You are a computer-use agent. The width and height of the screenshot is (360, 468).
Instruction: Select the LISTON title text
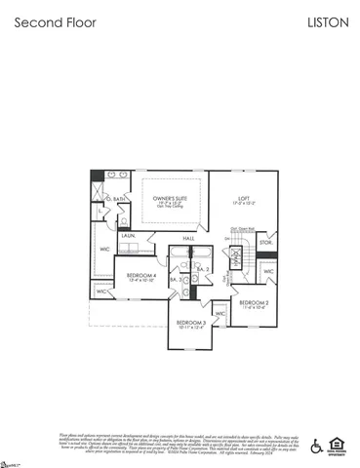coord(328,19)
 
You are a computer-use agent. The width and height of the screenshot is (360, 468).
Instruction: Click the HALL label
coord(188,238)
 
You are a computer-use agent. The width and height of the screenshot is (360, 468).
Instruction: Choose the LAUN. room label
coord(128,236)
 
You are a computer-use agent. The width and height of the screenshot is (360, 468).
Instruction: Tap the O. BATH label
coord(118,198)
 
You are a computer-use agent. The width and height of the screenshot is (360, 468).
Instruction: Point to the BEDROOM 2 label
coord(254,303)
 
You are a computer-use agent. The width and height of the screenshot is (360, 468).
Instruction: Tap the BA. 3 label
coord(175,280)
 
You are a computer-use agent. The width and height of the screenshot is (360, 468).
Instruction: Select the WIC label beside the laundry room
coord(104,250)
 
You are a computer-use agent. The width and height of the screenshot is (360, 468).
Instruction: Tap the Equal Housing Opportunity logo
coord(338,445)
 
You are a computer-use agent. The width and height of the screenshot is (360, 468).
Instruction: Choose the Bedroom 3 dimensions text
coord(190,328)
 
